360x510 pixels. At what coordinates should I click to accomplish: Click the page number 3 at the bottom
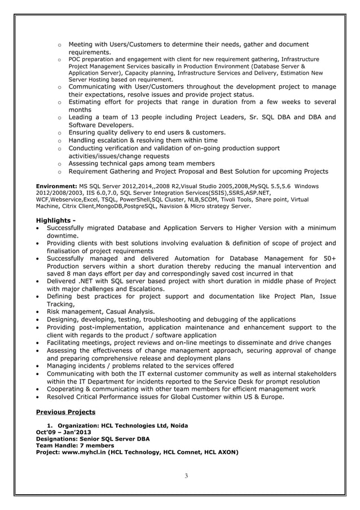pyautogui.click(x=186, y=476)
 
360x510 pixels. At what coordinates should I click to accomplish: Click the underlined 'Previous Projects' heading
pyautogui.click(x=65, y=412)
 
